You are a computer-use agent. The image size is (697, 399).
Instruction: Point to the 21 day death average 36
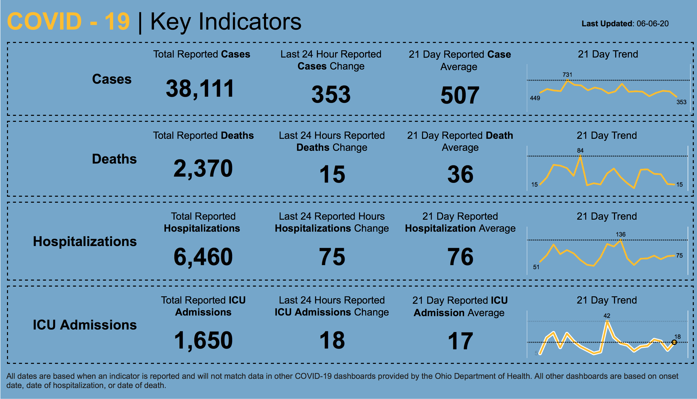click(460, 174)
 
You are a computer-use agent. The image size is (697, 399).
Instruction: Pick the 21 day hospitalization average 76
click(460, 257)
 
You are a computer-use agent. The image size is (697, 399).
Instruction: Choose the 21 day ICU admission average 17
click(460, 341)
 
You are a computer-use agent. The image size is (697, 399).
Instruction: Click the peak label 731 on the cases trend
click(567, 74)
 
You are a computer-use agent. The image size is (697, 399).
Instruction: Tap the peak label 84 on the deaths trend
click(580, 150)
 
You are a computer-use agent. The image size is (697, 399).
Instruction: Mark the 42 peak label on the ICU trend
click(607, 316)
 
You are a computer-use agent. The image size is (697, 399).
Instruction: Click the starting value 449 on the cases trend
click(535, 98)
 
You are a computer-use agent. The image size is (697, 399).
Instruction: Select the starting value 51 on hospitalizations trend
click(536, 267)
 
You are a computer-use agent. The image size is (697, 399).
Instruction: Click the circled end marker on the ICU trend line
click(674, 342)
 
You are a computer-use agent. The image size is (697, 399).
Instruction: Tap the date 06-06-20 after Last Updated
click(653, 24)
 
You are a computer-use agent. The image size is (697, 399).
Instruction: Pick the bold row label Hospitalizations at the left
click(85, 242)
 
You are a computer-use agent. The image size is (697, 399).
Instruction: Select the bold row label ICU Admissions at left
click(85, 325)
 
